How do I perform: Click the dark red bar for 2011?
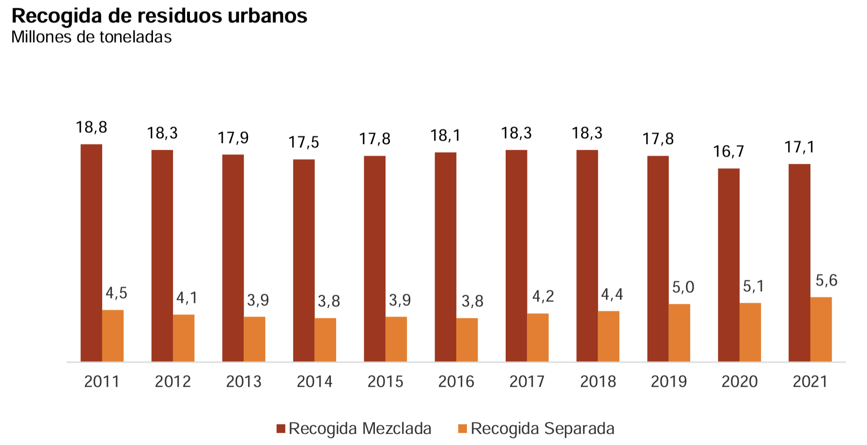[91, 253]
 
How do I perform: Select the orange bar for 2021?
[821, 329]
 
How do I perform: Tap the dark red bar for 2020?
[728, 265]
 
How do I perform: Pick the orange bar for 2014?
[325, 339]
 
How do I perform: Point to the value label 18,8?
[92, 127]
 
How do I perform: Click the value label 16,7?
[728, 152]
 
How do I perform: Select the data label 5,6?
[826, 281]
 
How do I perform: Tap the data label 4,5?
[116, 293]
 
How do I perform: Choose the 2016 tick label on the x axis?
[456, 382]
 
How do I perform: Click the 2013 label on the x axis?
[244, 382]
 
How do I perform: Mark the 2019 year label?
[668, 382]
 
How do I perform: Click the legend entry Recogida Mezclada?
[359, 429]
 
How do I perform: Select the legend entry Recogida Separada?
[542, 429]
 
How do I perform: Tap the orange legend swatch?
[462, 429]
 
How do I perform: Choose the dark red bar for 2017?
[516, 255]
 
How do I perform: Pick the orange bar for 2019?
[679, 333]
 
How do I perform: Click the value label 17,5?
[304, 143]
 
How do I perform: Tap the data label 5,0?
[683, 287]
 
